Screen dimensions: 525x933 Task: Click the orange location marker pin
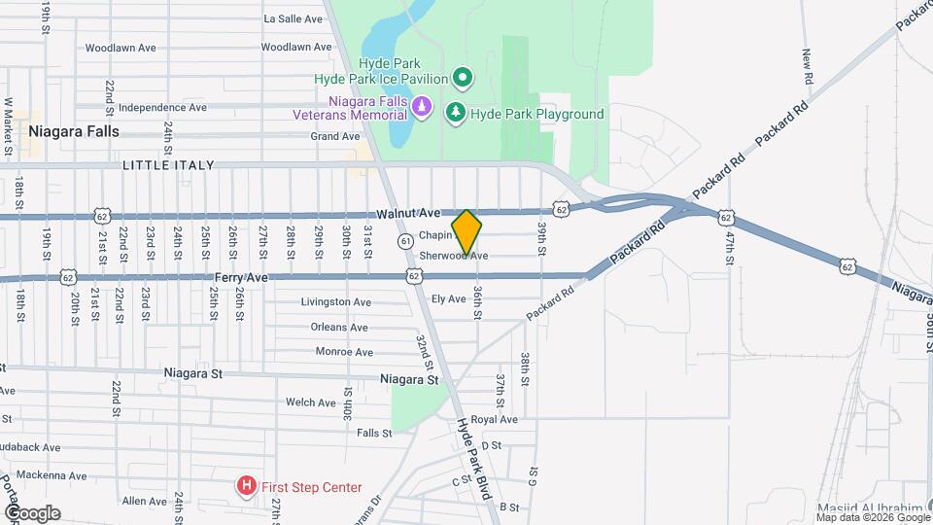pos(466,232)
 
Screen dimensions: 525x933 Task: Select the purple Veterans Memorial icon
pos(421,106)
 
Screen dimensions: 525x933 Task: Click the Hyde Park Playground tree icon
pos(455,114)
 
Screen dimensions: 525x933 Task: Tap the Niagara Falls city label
pos(74,130)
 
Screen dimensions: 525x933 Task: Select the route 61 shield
pos(405,240)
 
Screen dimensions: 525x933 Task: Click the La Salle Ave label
pos(294,18)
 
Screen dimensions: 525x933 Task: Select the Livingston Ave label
pos(336,301)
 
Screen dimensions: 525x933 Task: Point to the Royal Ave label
pos(496,420)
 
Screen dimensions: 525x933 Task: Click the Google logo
pos(32,512)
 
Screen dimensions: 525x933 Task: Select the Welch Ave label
pos(311,402)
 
